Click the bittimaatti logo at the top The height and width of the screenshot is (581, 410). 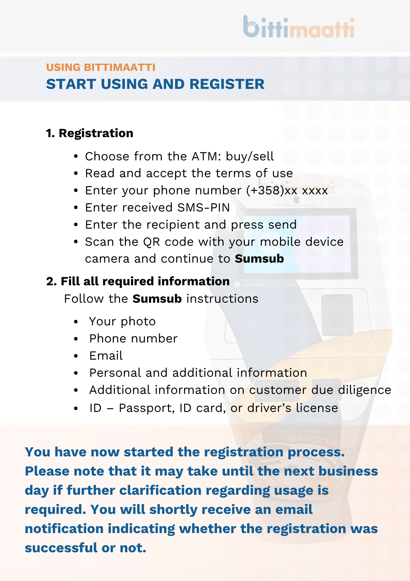tap(299, 27)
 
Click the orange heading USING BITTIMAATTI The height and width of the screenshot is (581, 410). tap(101, 67)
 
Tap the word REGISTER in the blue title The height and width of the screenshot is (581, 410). tap(227, 84)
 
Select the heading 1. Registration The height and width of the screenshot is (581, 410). tap(90, 133)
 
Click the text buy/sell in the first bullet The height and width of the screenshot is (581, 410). tap(250, 157)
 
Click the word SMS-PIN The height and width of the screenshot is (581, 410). tap(204, 208)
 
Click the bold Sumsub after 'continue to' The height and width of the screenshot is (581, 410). tap(259, 259)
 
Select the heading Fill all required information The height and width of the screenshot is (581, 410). tap(145, 281)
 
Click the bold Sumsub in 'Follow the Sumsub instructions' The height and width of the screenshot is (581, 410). tap(157, 299)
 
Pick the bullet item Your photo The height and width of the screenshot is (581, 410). tap(122, 322)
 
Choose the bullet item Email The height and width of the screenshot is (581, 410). tap(106, 356)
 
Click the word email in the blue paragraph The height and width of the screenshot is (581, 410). tap(294, 510)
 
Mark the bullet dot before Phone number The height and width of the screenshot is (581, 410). tap(76, 339)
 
